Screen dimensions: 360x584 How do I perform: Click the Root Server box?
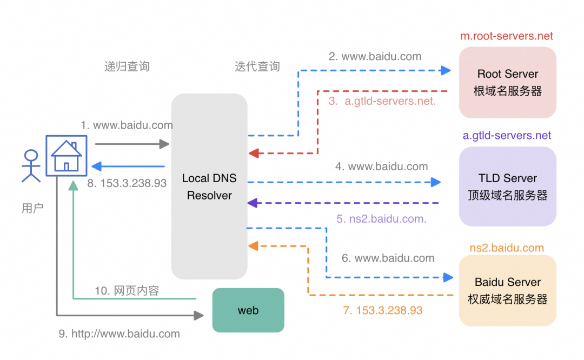(508, 82)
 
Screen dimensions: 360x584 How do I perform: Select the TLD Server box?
(508, 186)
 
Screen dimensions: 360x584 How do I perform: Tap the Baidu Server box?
(508, 290)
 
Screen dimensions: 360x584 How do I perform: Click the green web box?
(248, 310)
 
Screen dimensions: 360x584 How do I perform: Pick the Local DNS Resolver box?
(209, 186)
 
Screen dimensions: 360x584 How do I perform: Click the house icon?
(65, 156)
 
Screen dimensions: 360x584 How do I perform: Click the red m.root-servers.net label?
(507, 36)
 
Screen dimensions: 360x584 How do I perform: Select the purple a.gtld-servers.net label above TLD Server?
(507, 136)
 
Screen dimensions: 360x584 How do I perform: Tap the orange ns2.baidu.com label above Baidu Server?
(507, 248)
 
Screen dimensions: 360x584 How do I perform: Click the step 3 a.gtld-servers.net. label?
(382, 101)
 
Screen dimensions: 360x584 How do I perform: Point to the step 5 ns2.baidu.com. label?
(381, 219)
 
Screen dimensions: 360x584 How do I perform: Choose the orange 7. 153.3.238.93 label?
(382, 311)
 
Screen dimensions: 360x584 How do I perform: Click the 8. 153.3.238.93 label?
(127, 183)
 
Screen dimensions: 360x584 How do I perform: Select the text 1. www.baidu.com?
(127, 125)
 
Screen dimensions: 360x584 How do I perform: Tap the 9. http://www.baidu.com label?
(119, 334)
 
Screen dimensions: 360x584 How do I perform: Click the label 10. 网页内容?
(127, 291)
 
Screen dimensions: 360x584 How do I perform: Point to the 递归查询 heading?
(127, 66)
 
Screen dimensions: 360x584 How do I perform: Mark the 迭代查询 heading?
(257, 66)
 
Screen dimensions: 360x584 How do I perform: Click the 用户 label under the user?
(32, 208)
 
